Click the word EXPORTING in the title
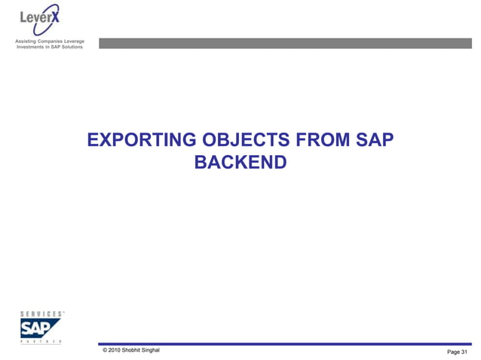(142, 141)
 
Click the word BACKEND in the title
(240, 161)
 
